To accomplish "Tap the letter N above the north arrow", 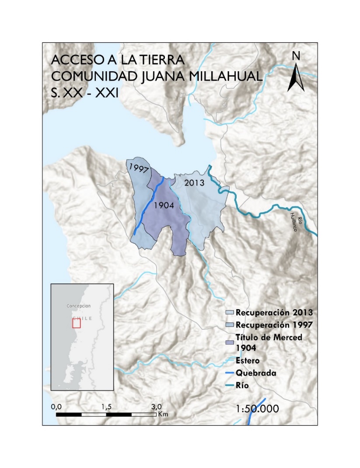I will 296,56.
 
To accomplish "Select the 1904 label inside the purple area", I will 164,206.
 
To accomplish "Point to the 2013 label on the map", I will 194,183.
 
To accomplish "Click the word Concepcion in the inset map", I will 79,306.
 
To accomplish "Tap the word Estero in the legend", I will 248,361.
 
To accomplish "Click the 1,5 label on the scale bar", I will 106,406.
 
